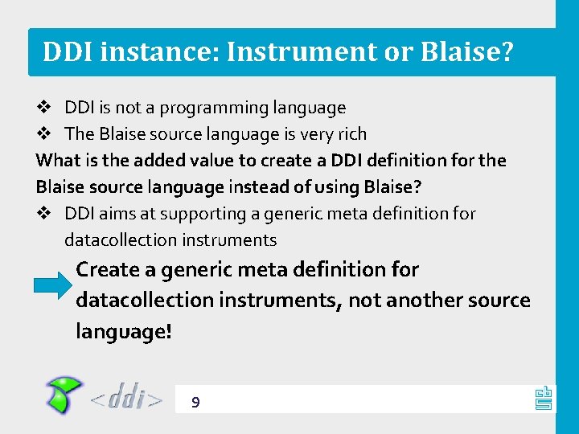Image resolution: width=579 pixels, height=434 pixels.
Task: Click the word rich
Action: pos(351,134)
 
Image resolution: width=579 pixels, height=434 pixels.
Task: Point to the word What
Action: pos(59,161)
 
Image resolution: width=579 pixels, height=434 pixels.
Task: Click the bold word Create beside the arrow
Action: pos(115,270)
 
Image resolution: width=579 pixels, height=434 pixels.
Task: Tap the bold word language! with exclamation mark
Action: pos(124,331)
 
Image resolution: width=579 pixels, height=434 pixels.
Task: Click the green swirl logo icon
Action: pos(63,395)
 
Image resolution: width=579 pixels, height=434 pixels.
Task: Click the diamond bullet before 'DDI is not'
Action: pos(45,108)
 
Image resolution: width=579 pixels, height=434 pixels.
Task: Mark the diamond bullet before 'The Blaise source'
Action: pos(45,134)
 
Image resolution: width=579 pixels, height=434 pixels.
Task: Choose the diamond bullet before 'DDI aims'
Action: pos(45,214)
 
